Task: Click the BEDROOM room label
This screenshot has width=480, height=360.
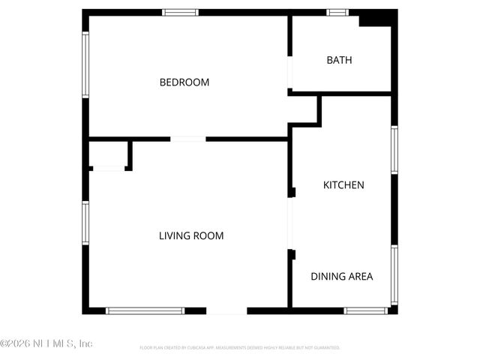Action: (x=184, y=82)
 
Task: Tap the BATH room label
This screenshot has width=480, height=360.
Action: (x=339, y=60)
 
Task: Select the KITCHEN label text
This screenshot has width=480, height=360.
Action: (x=343, y=184)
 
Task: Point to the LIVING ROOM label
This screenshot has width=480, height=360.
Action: (x=191, y=235)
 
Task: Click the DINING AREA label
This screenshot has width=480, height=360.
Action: (x=342, y=276)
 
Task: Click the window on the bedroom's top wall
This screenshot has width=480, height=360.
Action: (x=181, y=13)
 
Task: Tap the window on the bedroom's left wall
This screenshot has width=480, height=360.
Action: (x=85, y=64)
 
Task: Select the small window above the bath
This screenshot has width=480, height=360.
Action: (x=337, y=13)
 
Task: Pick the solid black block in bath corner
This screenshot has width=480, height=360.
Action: (x=376, y=19)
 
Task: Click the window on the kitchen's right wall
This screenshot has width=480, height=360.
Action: (x=394, y=151)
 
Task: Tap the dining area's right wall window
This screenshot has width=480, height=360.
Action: (x=394, y=274)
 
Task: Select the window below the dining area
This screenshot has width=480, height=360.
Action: (x=366, y=310)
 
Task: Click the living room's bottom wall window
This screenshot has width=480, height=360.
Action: (x=145, y=310)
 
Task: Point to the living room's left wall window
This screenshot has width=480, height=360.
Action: (x=85, y=223)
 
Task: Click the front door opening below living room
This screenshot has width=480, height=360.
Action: (x=226, y=310)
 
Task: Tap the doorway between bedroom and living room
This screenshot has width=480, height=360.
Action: (x=188, y=139)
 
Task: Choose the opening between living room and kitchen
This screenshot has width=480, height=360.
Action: (x=290, y=223)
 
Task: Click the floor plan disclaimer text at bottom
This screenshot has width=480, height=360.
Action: (x=240, y=348)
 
